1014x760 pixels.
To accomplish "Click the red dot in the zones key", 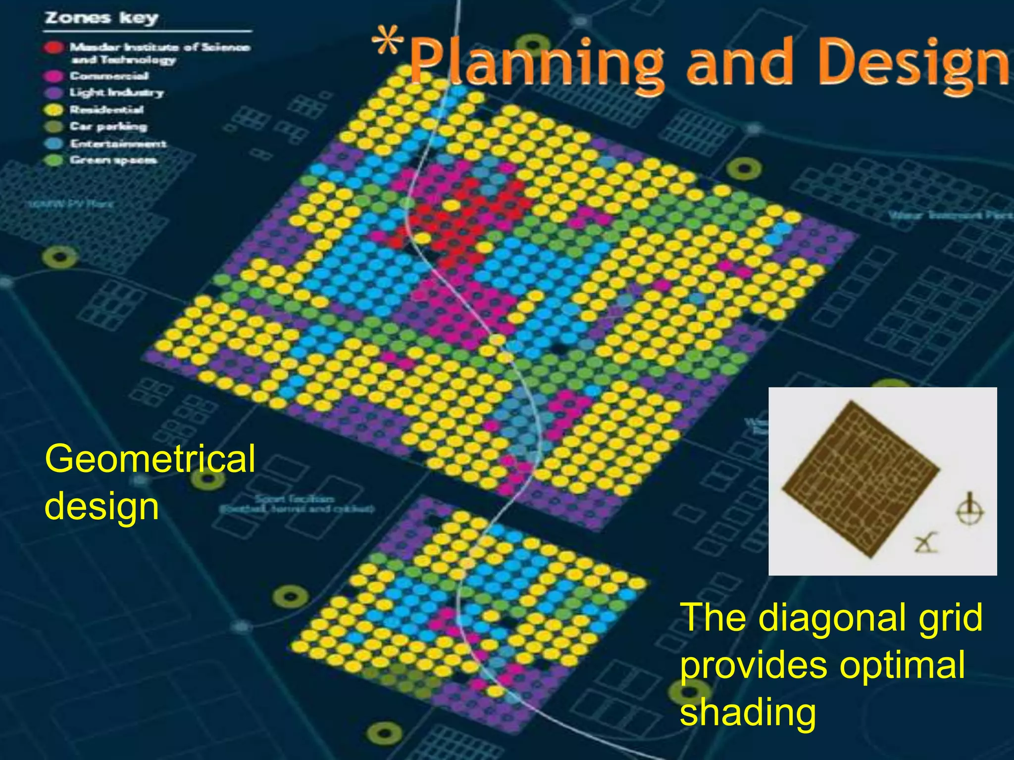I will click(54, 47).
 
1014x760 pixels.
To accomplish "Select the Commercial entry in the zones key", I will click(109, 76).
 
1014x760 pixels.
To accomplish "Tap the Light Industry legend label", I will click(116, 93).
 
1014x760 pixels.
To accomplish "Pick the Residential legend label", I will click(106, 109).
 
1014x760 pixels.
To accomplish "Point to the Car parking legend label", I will click(108, 126).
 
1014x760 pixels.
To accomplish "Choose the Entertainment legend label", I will click(118, 143).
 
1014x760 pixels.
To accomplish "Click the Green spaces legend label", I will click(113, 160).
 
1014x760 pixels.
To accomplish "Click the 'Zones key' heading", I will click(101, 18).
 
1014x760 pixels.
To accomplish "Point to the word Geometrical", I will click(150, 459).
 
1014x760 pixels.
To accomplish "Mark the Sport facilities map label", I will click(296, 504).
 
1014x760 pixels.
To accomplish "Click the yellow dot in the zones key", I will click(54, 109).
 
